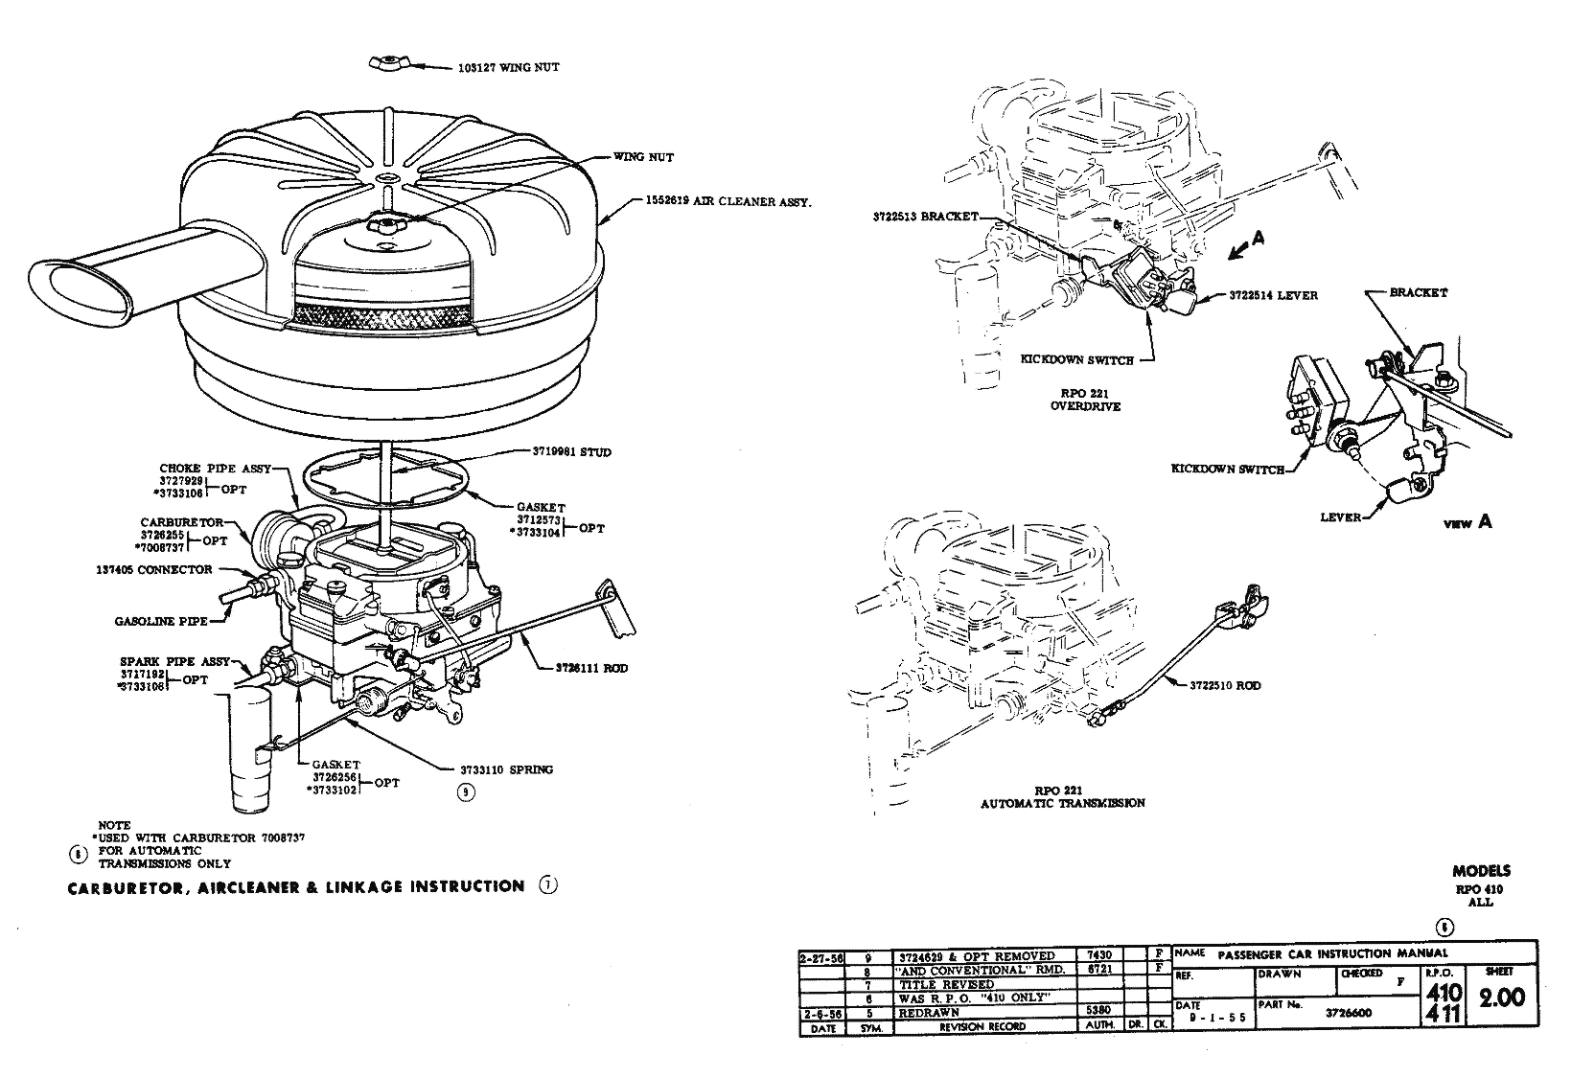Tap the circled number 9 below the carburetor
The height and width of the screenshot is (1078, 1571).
tap(466, 791)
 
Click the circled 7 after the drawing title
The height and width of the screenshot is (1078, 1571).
tap(547, 885)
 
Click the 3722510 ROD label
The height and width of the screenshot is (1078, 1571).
tap(1225, 685)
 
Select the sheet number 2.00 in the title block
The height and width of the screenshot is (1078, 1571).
tap(1501, 998)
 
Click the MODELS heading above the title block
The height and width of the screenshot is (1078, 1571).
tap(1481, 871)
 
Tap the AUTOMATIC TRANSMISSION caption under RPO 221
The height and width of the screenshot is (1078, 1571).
tap(1062, 803)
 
